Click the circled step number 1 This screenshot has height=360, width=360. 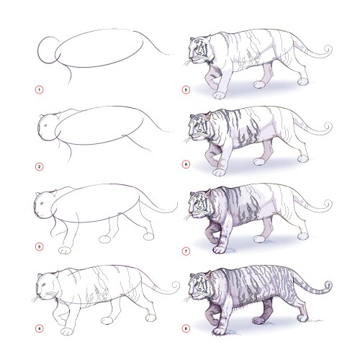click(40, 90)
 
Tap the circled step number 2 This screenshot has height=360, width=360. click(40, 166)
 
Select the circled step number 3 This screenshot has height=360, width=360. click(40, 247)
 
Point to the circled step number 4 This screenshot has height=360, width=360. click(40, 328)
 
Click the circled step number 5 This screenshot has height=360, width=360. click(186, 90)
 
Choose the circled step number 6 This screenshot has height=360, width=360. click(186, 165)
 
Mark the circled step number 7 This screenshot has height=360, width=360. click(186, 251)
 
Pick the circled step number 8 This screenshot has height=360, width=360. click(186, 328)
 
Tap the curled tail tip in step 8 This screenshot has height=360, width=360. click(328, 285)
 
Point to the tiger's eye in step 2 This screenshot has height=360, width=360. click(45, 125)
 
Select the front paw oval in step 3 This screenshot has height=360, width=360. click(65, 250)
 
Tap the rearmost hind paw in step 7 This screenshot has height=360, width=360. click(303, 236)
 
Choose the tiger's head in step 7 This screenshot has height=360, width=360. click(198, 204)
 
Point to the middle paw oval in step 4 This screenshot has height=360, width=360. click(107, 320)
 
